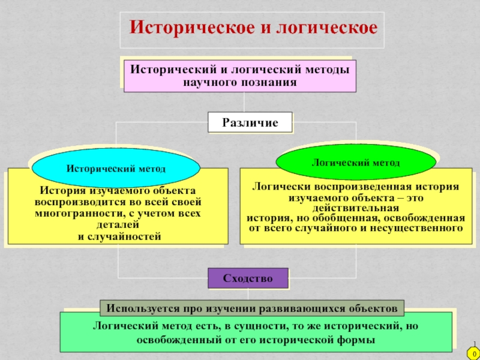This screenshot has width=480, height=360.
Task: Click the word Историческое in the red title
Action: tap(192, 28)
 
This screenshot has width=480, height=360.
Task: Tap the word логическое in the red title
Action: tap(326, 28)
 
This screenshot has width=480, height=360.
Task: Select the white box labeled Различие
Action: tap(250, 122)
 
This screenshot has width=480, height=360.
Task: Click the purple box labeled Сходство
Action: tap(248, 278)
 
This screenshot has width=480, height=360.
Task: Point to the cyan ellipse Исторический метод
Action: tap(116, 169)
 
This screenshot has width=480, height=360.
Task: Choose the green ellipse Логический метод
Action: tap(356, 163)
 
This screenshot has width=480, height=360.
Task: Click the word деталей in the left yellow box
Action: tap(118, 225)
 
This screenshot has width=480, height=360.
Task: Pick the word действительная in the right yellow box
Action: tap(356, 208)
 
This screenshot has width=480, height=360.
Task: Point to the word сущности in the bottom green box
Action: tap(260, 326)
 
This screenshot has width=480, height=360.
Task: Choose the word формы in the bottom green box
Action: tap(358, 340)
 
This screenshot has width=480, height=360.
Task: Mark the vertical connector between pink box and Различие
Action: tap(244, 102)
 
